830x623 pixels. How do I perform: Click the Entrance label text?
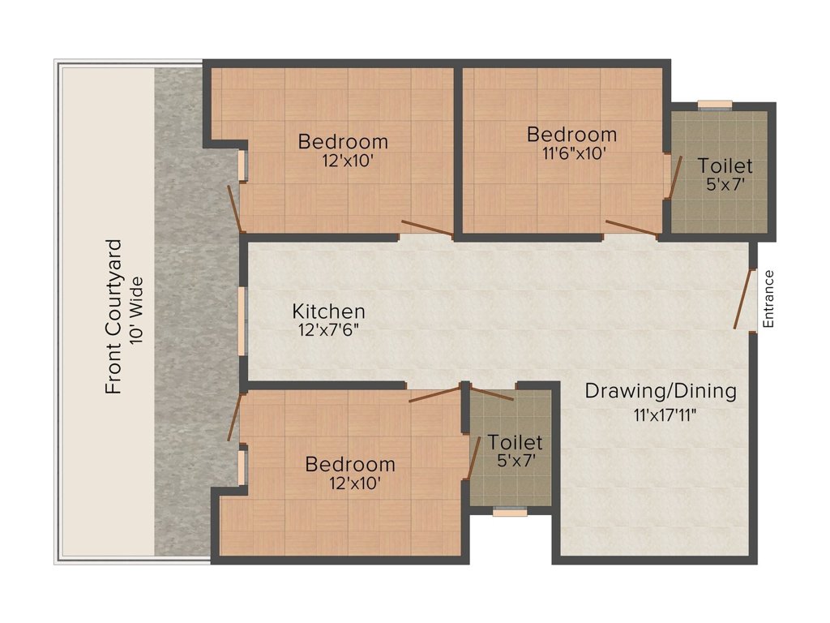coord(769,299)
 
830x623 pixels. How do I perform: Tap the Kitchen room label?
coord(328,311)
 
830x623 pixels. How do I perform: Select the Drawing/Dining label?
coord(661,391)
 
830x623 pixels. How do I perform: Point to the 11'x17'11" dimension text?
coord(665,416)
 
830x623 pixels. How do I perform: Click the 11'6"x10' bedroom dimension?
coord(571,153)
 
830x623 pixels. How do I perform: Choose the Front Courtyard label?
coord(113,316)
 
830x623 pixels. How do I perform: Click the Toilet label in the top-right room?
coord(725,166)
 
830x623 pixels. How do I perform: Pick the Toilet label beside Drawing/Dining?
coord(515,443)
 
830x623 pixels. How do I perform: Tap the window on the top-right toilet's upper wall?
coord(715,104)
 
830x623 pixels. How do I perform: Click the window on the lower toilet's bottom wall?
coord(510,512)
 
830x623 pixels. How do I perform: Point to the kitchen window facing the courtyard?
coord(242,320)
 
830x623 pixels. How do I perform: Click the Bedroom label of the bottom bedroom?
coord(350,465)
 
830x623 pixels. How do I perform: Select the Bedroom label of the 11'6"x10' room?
coord(571,134)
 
